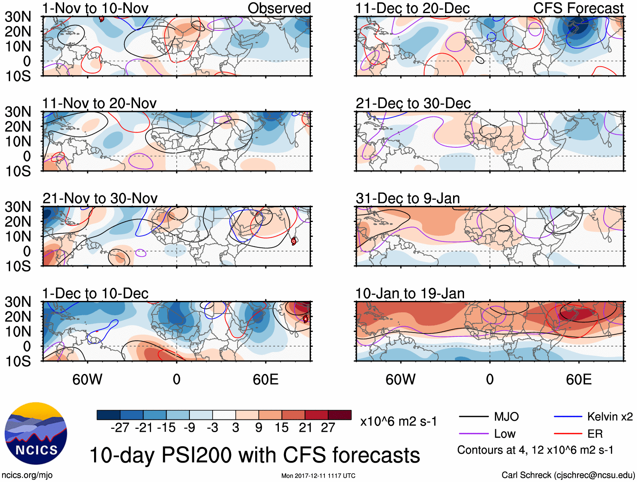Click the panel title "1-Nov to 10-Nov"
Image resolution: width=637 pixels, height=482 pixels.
(x=95, y=8)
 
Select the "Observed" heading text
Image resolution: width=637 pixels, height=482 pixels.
(x=279, y=8)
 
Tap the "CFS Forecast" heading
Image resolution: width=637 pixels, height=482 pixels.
(x=578, y=8)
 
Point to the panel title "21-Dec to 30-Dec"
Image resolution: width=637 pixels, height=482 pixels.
(x=413, y=103)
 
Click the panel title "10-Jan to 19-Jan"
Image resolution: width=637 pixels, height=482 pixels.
(x=410, y=293)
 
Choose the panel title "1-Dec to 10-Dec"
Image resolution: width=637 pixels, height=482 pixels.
(x=95, y=293)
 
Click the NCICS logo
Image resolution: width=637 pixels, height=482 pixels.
(x=36, y=433)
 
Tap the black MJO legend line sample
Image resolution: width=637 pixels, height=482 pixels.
(x=474, y=417)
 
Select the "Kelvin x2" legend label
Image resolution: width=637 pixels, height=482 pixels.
(x=610, y=417)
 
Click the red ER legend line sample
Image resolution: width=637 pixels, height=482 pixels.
(x=568, y=433)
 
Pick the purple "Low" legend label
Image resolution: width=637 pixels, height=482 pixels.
(x=505, y=433)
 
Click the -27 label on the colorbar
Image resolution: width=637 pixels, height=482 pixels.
(x=120, y=428)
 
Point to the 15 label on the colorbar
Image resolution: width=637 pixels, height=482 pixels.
(x=281, y=428)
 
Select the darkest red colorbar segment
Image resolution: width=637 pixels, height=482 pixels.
(x=340, y=415)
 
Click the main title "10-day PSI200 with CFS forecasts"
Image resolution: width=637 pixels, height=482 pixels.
(x=255, y=455)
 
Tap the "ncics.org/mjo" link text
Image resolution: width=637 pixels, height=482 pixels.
(x=27, y=475)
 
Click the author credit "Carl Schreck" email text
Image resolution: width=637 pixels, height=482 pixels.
(x=568, y=475)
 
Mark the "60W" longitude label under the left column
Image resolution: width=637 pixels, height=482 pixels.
(x=87, y=379)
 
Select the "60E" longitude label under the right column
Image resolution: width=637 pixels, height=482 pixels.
(x=578, y=379)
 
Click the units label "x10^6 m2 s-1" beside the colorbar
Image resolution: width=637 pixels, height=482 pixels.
(x=398, y=422)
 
